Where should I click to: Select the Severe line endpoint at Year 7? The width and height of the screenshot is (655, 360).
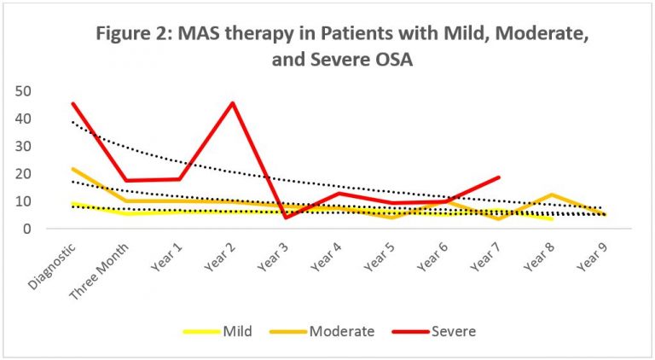499,177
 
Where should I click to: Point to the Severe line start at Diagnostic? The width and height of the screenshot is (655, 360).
73,103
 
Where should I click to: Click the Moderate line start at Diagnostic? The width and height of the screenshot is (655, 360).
73,169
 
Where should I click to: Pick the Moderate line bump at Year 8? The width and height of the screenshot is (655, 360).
553,195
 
